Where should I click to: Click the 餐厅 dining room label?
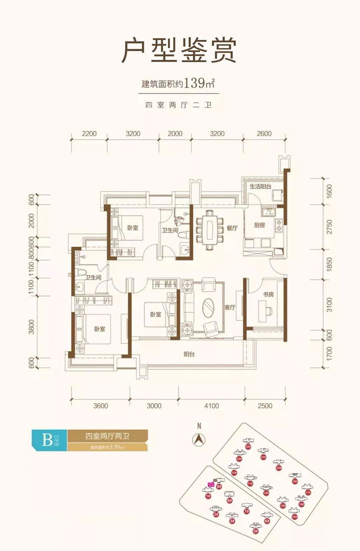(x=232, y=228)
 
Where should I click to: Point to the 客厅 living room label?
(x=230, y=308)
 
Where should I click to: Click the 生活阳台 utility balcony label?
(x=260, y=186)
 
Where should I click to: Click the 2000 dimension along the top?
(x=175, y=133)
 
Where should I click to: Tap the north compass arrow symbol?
(x=197, y=440)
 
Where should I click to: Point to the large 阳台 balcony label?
(x=189, y=355)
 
